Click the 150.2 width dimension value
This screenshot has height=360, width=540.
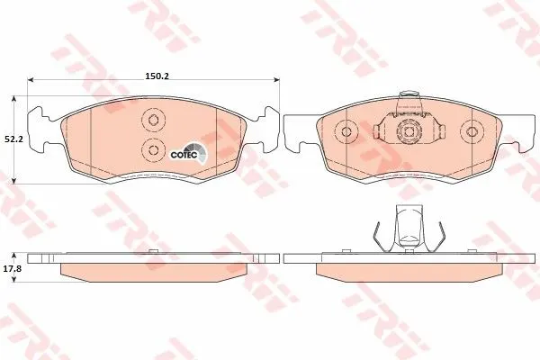tap(157, 76)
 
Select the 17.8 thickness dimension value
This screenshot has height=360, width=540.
tap(13, 269)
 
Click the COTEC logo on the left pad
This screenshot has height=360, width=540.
tap(189, 152)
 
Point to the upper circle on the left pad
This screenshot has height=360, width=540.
tap(153, 120)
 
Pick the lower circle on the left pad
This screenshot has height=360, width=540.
tap(153, 150)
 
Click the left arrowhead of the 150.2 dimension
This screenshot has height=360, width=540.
tap(31, 80)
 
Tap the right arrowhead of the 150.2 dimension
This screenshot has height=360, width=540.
tap(276, 80)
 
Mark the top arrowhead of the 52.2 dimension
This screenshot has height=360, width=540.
tap(13, 99)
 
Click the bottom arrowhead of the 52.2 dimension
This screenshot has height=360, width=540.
tap(13, 181)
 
